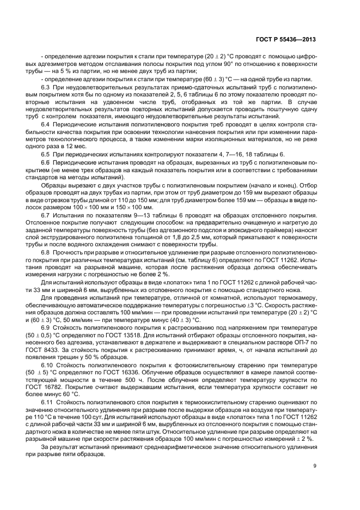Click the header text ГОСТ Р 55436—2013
click(x=285, y=39)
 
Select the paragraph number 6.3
click(x=46, y=87)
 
